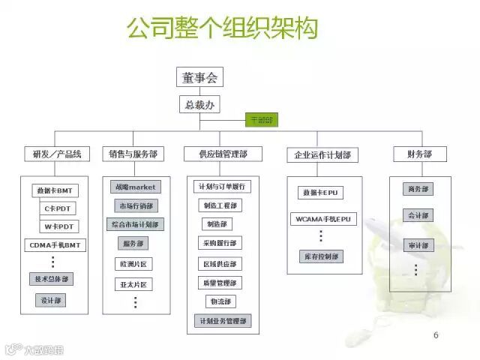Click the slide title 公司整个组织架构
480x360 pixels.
click(222, 28)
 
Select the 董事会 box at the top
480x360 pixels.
click(200, 77)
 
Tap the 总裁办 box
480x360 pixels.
click(199, 104)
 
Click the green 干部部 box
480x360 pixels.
click(262, 120)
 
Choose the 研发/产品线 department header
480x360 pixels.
click(57, 154)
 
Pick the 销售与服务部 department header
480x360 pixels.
click(133, 154)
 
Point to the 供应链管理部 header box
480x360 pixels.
click(222, 154)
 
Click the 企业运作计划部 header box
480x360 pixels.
click(321, 155)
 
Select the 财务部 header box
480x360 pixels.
click(419, 154)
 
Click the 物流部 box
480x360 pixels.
click(220, 301)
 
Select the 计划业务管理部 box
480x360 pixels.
click(222, 321)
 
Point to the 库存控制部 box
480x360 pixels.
click(321, 256)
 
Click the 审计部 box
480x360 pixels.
click(418, 244)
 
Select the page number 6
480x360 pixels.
click(436, 334)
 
